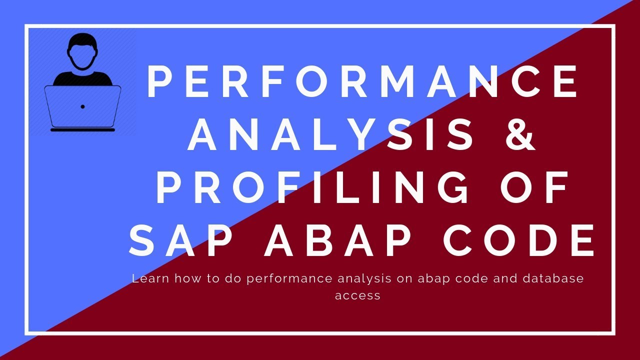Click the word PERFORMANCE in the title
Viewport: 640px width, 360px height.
click(x=362, y=82)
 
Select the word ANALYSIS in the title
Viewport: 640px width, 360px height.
click(x=330, y=135)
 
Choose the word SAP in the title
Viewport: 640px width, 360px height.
click(x=182, y=240)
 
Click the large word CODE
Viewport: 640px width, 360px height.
click(x=520, y=240)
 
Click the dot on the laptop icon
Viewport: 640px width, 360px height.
click(x=82, y=106)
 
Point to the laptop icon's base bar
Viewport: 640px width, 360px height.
click(x=82, y=130)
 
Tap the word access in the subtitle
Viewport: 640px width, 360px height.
click(x=357, y=295)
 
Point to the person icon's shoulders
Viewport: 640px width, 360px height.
click(x=82, y=77)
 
